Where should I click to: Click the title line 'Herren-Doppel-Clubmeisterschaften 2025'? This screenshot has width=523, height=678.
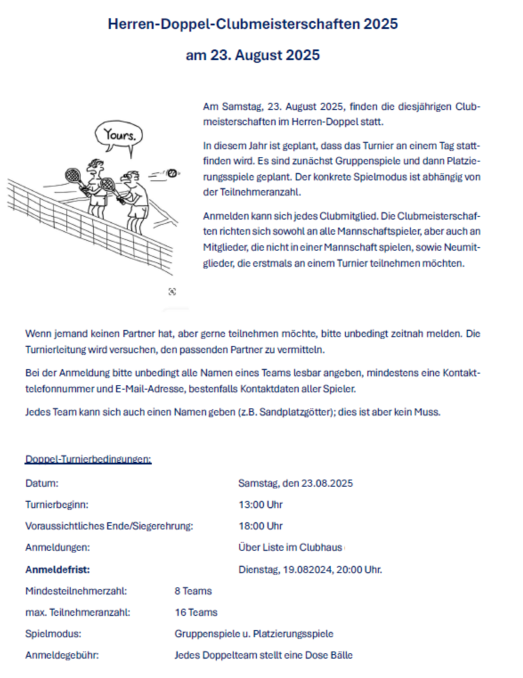click(x=252, y=24)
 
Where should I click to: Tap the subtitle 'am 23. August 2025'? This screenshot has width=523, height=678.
click(x=252, y=55)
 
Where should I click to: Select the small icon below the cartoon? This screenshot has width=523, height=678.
click(x=172, y=291)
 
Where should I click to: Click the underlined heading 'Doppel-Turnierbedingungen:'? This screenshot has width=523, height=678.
click(x=88, y=460)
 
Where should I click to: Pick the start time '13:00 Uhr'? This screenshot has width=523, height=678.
click(x=261, y=505)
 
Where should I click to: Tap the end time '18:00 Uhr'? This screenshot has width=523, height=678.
click(x=261, y=526)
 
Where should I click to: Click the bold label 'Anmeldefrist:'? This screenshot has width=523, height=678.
click(x=58, y=570)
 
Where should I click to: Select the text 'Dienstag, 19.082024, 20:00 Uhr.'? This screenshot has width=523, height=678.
click(x=310, y=570)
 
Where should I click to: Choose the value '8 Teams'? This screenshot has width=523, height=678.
click(x=193, y=591)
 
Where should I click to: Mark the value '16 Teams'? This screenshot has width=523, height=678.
click(x=196, y=612)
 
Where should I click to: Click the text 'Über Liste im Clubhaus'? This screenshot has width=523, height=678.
click(x=290, y=547)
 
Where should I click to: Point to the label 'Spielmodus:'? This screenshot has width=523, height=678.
click(x=53, y=634)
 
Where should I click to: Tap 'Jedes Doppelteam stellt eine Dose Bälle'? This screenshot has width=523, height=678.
click(x=264, y=655)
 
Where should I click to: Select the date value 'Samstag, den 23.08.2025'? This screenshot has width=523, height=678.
click(x=295, y=483)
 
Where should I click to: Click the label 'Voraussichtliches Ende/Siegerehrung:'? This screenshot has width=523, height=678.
click(x=109, y=526)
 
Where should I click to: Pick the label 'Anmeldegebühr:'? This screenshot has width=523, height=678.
click(x=62, y=655)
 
